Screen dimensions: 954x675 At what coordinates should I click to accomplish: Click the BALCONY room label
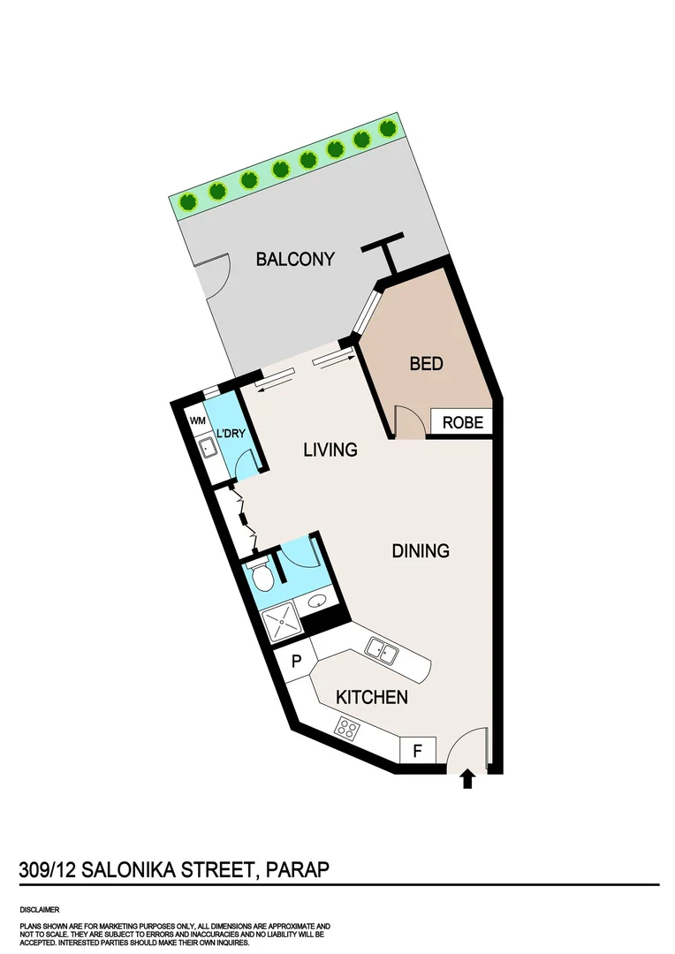click(295, 259)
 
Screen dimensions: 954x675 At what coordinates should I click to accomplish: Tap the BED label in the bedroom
click(426, 363)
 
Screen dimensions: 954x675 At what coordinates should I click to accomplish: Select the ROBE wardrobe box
click(463, 422)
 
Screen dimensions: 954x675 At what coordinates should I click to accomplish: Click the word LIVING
click(330, 450)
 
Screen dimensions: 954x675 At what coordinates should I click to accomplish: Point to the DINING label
click(421, 550)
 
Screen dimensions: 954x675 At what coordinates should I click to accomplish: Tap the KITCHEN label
click(372, 697)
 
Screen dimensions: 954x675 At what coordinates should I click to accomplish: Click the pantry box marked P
click(297, 661)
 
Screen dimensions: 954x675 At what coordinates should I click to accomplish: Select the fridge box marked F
click(419, 752)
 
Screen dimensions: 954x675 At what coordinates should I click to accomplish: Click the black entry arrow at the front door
click(467, 778)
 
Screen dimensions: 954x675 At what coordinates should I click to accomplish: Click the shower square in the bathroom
click(282, 622)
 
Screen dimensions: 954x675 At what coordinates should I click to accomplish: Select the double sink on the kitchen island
click(384, 652)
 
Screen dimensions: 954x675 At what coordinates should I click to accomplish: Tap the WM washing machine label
click(196, 421)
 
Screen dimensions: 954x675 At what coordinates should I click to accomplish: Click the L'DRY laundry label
click(231, 434)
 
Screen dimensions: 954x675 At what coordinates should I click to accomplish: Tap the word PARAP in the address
click(297, 869)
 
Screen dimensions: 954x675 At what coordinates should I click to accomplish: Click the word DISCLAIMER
click(41, 908)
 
